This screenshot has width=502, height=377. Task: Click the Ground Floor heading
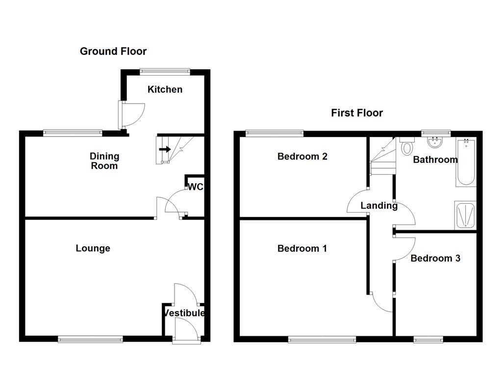[x=113, y=51]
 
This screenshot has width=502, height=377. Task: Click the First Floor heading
[x=357, y=113]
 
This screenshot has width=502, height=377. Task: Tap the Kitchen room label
[x=165, y=89]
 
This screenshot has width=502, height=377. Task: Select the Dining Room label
[x=104, y=161]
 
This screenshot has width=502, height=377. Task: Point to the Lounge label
[x=93, y=248]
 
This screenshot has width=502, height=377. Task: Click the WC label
[x=196, y=187]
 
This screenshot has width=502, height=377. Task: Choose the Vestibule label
[x=184, y=313]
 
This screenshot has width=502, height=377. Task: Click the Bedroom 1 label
[x=302, y=248]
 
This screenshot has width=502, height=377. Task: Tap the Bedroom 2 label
[x=302, y=157]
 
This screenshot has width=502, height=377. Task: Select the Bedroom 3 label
[x=435, y=258]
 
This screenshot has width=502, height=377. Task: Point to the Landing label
[x=379, y=206]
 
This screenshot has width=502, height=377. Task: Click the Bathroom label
[x=435, y=160]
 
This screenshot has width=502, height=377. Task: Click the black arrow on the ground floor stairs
[x=165, y=149]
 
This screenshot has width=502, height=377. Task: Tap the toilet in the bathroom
[x=407, y=146]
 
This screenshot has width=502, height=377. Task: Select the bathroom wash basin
[x=434, y=142]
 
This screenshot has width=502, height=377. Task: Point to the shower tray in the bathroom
[x=465, y=215]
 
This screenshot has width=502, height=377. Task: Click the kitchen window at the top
[x=165, y=71]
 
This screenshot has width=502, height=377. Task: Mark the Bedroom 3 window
[x=428, y=339]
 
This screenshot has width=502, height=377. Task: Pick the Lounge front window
[x=90, y=339]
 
